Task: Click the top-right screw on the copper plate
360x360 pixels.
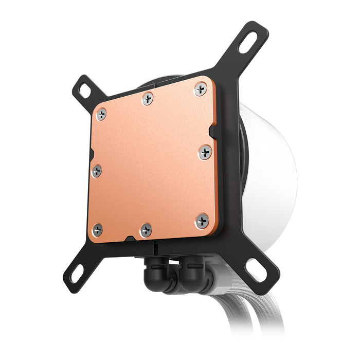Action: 201,89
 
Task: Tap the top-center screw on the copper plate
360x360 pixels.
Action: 148,98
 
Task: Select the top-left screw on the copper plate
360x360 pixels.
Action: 101,114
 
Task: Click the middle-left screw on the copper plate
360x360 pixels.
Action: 96,171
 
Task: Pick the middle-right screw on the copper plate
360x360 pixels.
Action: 205,152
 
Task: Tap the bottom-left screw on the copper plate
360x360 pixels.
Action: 97,229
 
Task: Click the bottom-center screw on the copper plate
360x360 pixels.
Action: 146,230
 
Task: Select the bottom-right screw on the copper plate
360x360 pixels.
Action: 202,221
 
